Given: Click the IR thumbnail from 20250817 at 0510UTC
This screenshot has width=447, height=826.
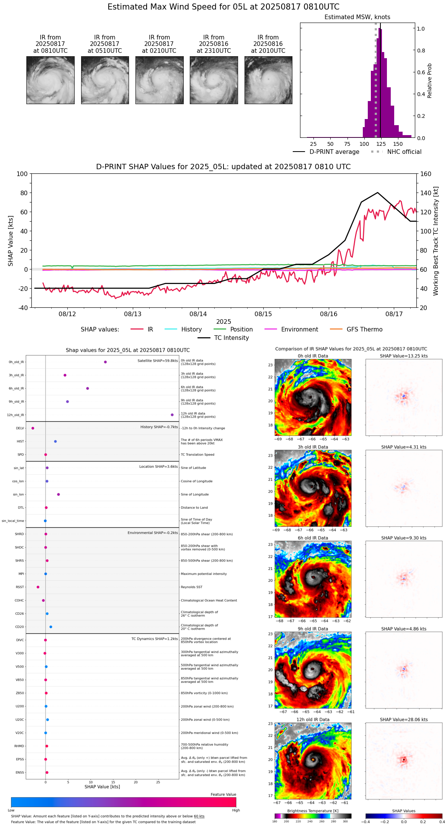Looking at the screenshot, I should [105, 80].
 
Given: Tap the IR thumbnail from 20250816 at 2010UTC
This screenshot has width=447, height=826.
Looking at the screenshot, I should [268, 80].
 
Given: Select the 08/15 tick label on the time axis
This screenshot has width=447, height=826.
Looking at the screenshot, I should [263, 314].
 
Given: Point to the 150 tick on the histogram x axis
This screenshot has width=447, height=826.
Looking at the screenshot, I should [398, 144].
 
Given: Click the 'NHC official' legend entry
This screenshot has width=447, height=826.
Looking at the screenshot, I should [404, 152].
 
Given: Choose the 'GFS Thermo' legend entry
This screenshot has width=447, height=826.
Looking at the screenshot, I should [364, 330].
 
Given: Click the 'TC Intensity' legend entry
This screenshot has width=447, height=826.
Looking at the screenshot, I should [231, 338].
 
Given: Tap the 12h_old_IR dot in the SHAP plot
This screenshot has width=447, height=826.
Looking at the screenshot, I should [172, 415].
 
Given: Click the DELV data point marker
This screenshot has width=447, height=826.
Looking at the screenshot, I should [33, 428].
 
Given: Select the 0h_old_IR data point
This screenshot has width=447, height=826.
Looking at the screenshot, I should [105, 362].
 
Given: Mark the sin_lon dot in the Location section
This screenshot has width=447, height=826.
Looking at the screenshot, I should [59, 495].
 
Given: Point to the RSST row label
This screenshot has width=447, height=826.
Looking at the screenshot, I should [20, 587].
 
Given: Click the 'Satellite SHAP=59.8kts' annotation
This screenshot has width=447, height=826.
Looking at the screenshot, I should [158, 361].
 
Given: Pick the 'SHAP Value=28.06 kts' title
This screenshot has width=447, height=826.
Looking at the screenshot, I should [404, 720].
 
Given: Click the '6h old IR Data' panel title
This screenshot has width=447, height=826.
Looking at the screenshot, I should [313, 538].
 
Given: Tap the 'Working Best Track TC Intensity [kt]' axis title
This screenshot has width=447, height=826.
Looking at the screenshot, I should [436, 241].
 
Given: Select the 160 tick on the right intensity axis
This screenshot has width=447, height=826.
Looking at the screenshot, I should [426, 174].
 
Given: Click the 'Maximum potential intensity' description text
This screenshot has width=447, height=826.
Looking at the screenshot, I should [204, 574].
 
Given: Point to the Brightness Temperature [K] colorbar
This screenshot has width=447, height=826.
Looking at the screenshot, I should [313, 816].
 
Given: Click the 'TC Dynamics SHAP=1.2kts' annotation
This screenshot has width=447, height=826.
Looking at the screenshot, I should [155, 639].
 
